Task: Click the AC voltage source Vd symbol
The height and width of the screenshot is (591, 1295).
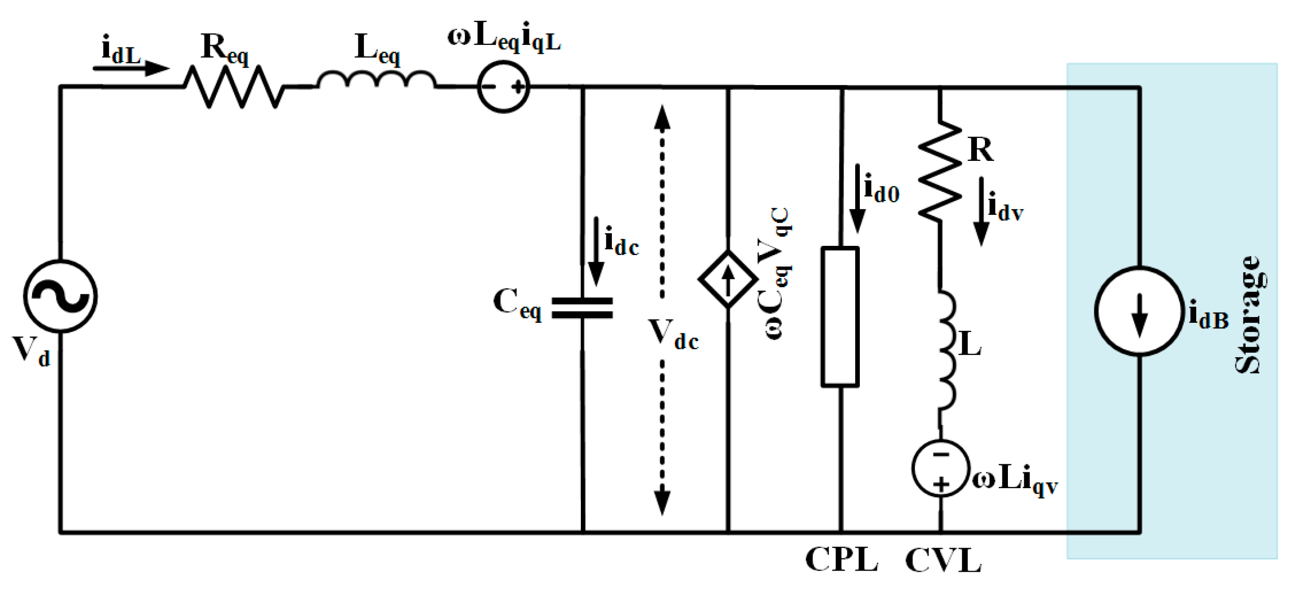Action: coord(60,296)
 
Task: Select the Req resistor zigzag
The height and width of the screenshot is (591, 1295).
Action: coord(234,87)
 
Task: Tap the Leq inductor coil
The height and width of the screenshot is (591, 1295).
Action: coord(377,80)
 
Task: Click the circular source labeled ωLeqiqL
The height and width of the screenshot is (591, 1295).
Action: coord(503,87)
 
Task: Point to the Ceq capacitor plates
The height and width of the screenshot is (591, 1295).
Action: coord(582,308)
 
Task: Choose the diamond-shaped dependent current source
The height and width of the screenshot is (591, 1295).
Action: coord(728,279)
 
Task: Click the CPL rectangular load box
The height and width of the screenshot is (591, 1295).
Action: coord(840,317)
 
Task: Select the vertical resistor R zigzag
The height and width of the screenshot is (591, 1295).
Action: coord(940,171)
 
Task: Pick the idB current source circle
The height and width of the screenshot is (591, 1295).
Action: coord(1139,311)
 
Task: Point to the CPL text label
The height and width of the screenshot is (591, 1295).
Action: coord(841,559)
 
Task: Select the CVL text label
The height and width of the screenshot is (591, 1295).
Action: coord(943,560)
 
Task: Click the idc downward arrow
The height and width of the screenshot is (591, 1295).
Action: coord(596,251)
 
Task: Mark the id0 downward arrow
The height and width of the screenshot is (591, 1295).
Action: coord(858,199)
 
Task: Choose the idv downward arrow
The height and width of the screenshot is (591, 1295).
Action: coord(981,211)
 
